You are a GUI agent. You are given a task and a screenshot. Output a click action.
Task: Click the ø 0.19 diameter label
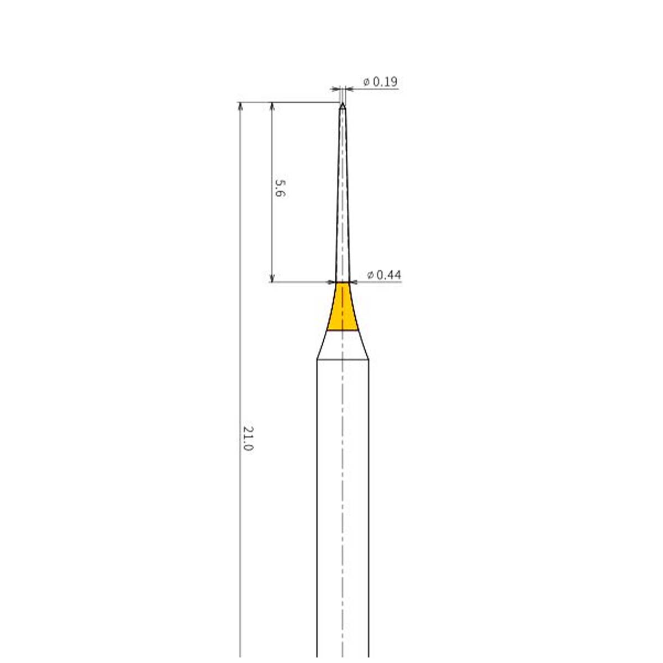pyautogui.click(x=380, y=82)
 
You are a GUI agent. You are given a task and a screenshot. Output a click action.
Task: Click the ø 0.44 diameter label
pyautogui.click(x=384, y=275)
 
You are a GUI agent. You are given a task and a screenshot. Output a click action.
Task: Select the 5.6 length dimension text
pyautogui.click(x=280, y=188)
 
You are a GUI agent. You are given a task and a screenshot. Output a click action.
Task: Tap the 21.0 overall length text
pyautogui.click(x=248, y=438)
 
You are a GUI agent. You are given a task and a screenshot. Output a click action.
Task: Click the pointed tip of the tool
pyautogui.click(x=343, y=103)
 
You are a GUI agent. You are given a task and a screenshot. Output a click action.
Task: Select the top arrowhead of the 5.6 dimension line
pyautogui.click(x=272, y=106)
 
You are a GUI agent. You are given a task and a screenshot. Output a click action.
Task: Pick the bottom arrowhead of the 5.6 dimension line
pyautogui.click(x=272, y=278)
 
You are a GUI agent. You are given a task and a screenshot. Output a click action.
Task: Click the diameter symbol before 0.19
pyautogui.click(x=366, y=82)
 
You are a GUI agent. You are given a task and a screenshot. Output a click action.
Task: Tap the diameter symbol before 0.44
pyautogui.click(x=370, y=275)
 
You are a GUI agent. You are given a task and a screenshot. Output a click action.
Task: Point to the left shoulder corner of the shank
pyautogui.click(x=317, y=360)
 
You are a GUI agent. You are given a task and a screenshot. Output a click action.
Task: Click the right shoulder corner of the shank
pyautogui.click(x=369, y=360)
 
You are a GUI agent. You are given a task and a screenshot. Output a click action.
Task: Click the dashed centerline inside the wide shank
pyautogui.click(x=343, y=497)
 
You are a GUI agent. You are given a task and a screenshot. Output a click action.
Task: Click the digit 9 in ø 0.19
pyautogui.click(x=393, y=82)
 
